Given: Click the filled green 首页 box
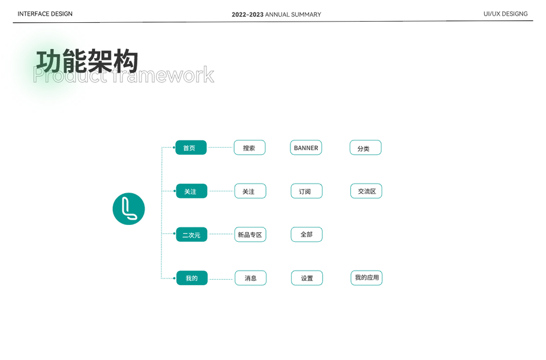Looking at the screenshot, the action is (191, 148).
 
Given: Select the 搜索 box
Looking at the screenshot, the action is (250, 148).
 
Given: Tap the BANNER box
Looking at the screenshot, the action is (306, 148).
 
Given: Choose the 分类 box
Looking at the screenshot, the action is (365, 148).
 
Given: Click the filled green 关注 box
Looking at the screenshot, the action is (191, 191).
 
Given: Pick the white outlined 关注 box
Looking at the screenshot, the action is (250, 191).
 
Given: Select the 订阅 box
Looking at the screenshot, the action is (307, 191).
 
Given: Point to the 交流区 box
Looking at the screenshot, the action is (366, 191).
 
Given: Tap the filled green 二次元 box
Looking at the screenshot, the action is (191, 235).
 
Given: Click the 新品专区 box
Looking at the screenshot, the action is (250, 235).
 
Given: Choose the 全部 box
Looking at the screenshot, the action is (307, 235).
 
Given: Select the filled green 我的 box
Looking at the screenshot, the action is (192, 278).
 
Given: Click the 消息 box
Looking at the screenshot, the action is (251, 278).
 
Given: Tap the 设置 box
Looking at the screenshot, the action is (307, 278).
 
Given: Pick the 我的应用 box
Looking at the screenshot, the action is (367, 278).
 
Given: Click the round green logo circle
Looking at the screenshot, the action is (129, 209).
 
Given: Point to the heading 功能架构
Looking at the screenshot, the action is (88, 62).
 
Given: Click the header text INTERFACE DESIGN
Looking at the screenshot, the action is (45, 14).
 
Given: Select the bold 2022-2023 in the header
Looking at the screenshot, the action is (247, 14).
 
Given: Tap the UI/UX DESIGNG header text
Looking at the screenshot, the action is (505, 14).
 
